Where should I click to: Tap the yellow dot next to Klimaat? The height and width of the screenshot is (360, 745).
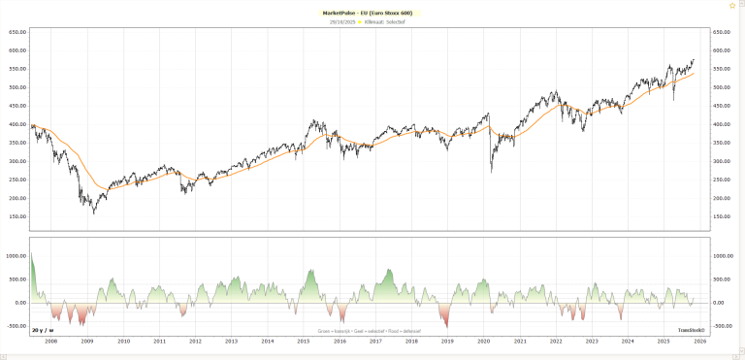(x=360, y=21)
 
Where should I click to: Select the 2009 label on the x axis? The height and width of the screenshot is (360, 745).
(x=86, y=342)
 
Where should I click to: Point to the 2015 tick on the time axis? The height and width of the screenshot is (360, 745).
(x=304, y=342)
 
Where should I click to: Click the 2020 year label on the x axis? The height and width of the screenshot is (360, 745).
(x=484, y=342)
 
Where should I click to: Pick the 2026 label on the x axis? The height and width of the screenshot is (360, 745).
(x=699, y=342)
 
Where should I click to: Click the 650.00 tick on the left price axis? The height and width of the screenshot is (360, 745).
(x=16, y=32)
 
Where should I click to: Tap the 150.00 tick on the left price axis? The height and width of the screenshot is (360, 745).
(x=16, y=216)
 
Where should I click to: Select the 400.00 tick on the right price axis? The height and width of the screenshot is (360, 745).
(x=726, y=124)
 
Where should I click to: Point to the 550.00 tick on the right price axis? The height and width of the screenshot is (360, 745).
(x=726, y=69)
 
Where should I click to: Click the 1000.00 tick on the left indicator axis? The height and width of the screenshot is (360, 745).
(x=15, y=256)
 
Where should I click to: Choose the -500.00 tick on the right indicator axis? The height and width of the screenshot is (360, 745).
(x=727, y=326)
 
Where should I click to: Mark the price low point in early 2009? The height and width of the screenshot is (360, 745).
(x=93, y=212)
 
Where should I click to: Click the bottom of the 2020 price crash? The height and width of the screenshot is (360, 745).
(x=491, y=173)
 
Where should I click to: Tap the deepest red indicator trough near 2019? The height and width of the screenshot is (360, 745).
(x=446, y=328)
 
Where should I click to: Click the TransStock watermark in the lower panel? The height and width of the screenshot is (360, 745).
(x=691, y=331)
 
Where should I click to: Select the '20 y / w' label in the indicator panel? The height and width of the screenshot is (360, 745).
(x=42, y=331)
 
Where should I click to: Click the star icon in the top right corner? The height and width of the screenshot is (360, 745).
(x=732, y=5)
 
